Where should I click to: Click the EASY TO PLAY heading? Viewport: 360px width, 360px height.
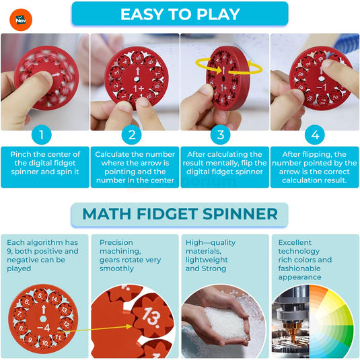click(x=180, y=14)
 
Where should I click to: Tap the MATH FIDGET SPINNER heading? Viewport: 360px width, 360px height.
click(x=180, y=214)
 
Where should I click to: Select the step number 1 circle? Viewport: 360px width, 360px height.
click(x=41, y=135)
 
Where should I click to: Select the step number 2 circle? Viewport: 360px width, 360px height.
click(x=132, y=135)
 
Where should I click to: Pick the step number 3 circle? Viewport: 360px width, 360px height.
click(x=220, y=135)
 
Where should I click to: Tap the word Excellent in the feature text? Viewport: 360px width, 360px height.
click(x=295, y=242)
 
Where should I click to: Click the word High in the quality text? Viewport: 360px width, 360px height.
click(x=195, y=242)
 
